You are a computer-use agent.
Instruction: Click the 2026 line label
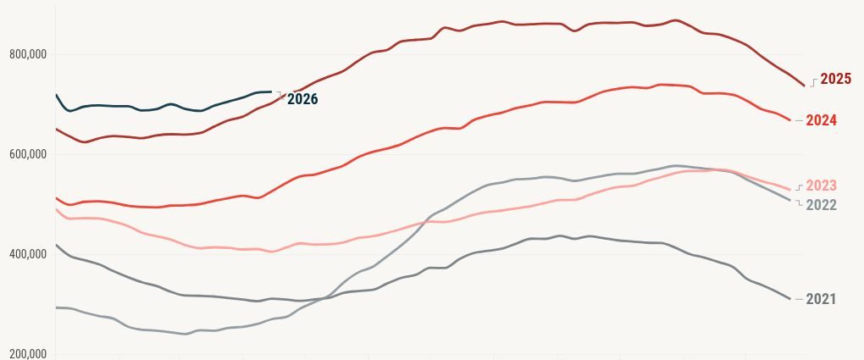point(302,99)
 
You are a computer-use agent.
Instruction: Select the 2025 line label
point(835,79)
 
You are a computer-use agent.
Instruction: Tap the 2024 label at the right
point(821,120)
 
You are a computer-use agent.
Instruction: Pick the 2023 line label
point(821,186)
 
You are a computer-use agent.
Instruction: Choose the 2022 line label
point(821,205)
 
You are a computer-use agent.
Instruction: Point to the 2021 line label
point(821,299)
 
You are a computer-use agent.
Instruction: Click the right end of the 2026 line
point(271,91)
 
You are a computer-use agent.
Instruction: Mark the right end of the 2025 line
point(804,86)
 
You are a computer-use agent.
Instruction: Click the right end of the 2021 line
point(790,299)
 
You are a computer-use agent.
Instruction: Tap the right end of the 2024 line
point(790,120)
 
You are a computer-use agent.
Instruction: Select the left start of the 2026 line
point(56,95)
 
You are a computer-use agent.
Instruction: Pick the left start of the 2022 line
point(56,307)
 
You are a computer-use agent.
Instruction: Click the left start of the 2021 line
point(56,245)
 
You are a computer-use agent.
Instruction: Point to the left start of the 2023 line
point(56,209)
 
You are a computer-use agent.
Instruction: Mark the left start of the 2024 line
point(56,198)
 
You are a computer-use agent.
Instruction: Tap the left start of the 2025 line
point(56,129)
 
